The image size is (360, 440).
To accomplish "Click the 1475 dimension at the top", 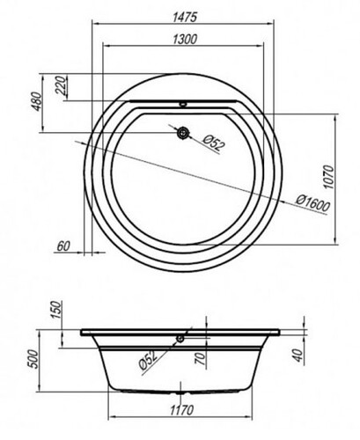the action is point(185,18).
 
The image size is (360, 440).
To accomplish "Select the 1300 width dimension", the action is point(185,39).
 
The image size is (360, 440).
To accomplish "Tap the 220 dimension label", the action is point(61,85).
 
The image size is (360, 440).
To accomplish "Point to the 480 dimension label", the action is point(37,101).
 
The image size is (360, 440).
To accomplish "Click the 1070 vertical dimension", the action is point(328,177).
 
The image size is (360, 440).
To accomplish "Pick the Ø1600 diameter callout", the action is point(313,203).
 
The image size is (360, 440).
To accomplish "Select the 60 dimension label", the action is point(63,246).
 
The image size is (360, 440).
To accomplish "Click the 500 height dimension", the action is point(33,359).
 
